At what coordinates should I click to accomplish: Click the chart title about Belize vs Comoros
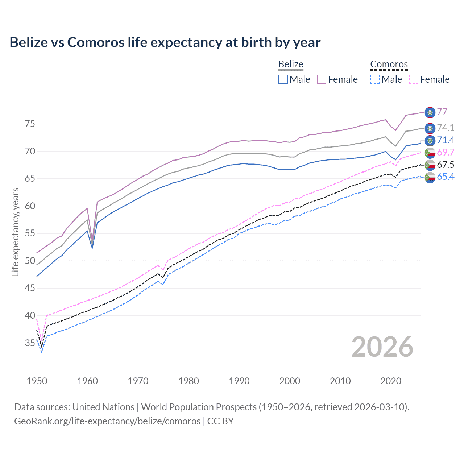[x=165, y=42]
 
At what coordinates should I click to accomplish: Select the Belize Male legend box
[x=283, y=79]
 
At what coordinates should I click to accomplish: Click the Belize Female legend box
[x=322, y=79]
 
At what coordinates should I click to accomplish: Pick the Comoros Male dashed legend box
[x=375, y=79]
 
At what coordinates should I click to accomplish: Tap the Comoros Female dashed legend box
[x=413, y=79]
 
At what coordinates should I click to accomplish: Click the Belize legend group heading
[x=291, y=64]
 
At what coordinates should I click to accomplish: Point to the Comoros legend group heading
[x=389, y=64]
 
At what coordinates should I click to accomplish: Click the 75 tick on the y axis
[x=30, y=124]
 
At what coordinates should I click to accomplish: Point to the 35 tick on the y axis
[x=30, y=343]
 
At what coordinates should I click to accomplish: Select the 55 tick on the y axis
[x=30, y=233]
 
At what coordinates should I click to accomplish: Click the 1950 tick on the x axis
[x=37, y=381]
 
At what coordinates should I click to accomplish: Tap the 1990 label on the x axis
[x=239, y=381]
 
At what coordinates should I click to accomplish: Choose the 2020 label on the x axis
[x=391, y=381]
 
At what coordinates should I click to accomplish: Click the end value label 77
[x=442, y=112]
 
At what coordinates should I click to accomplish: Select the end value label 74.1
[x=446, y=128]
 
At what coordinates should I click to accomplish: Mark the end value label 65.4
[x=446, y=177]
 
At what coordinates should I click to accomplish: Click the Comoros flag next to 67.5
[x=430, y=165]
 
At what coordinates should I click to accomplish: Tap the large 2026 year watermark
[x=382, y=347]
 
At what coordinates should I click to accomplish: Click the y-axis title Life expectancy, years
[x=15, y=232]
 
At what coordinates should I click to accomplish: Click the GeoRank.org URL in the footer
[x=107, y=421]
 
